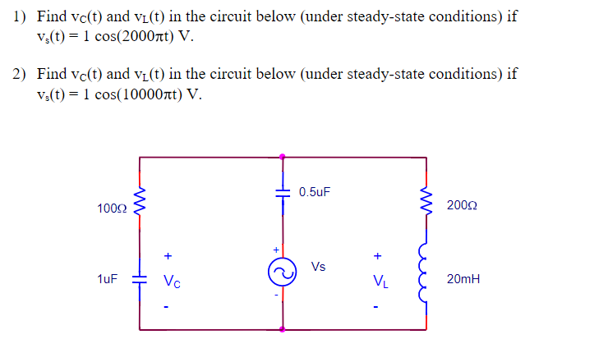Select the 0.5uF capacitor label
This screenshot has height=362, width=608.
click(316, 192)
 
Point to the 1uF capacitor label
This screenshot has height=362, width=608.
click(108, 279)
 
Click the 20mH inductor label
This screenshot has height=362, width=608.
click(463, 279)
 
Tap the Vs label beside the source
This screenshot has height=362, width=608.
click(319, 266)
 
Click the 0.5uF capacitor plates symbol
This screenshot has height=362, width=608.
click(283, 191)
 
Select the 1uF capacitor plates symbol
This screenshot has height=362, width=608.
click(140, 279)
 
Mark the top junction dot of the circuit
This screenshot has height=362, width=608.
click(283, 156)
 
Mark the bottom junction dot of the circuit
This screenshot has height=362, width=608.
click(283, 329)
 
